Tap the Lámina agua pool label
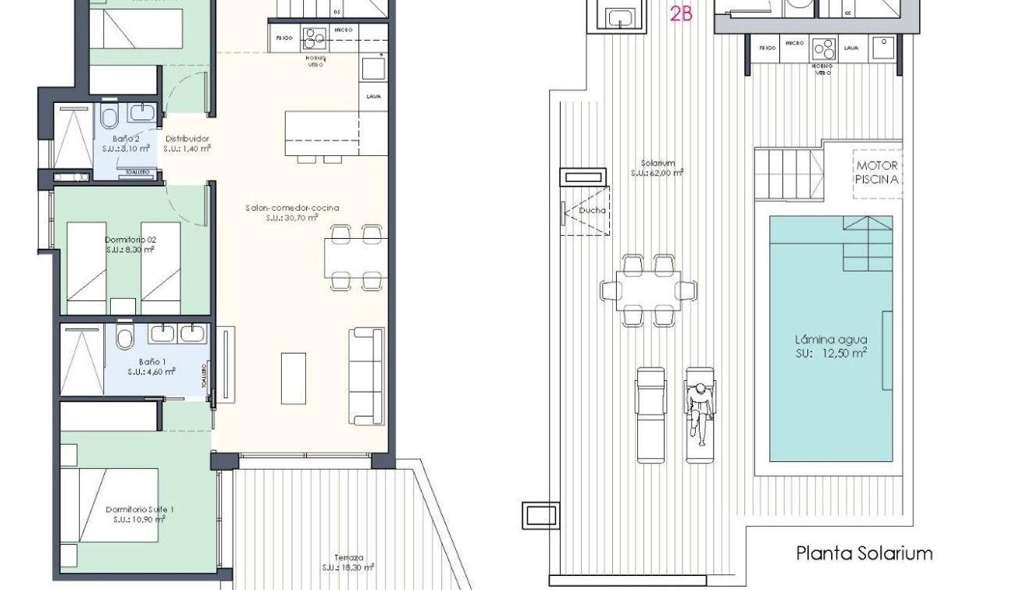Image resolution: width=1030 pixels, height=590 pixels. [x=831, y=346]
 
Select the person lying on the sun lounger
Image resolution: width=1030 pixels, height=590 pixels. [x=700, y=411]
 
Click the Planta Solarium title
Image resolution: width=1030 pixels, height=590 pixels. [x=864, y=553]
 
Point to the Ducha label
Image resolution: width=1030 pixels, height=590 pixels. [x=591, y=210]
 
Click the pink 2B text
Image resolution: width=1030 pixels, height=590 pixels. [x=681, y=13]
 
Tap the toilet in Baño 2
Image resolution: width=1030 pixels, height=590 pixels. [x=109, y=119]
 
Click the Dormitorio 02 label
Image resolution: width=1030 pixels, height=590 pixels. [x=130, y=245]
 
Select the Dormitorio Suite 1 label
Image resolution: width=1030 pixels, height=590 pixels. [x=139, y=514]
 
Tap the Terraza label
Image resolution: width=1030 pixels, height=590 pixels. [x=348, y=563]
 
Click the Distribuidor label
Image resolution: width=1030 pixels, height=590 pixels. [x=187, y=143]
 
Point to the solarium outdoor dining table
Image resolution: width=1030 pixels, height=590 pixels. [x=648, y=290]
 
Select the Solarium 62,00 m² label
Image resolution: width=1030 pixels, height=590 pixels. [x=657, y=168]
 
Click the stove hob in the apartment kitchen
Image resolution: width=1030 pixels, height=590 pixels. [x=315, y=36]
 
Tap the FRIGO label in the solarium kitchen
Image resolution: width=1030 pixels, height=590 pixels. [x=768, y=48]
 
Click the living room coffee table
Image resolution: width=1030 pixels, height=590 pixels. [x=293, y=378]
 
